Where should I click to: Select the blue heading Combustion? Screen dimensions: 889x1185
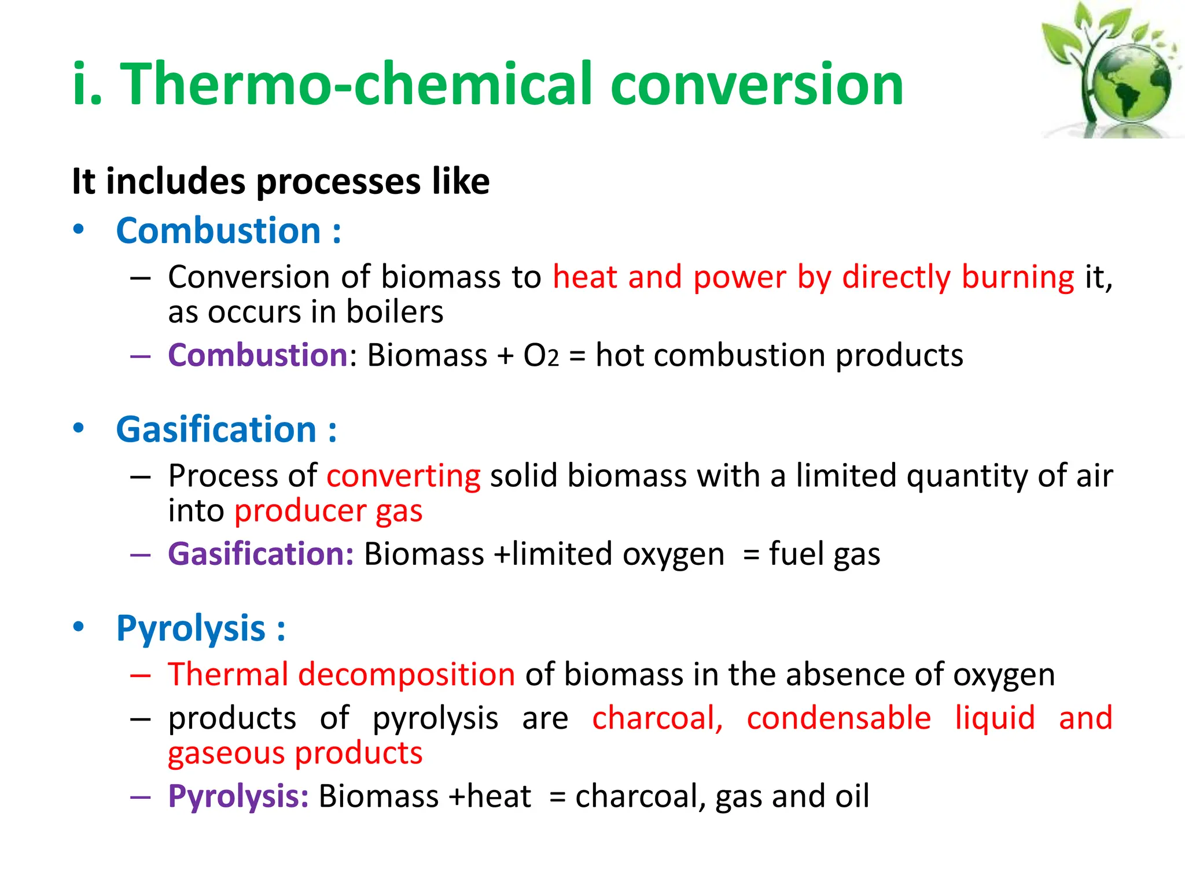click(x=218, y=231)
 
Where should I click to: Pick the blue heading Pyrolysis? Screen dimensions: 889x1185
click(x=190, y=629)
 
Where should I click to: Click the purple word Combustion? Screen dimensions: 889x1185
click(x=257, y=355)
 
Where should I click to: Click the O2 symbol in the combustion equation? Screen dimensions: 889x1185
click(x=541, y=356)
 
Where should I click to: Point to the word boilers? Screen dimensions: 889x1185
click(x=395, y=312)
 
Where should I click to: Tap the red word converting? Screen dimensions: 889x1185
click(x=403, y=476)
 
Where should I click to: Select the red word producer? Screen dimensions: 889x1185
click(x=300, y=512)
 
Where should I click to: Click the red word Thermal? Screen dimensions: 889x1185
click(x=228, y=675)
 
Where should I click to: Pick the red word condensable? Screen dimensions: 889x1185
click(x=838, y=718)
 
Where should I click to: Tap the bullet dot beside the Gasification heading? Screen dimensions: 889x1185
click(x=79, y=428)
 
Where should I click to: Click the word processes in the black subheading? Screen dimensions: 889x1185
click(x=338, y=182)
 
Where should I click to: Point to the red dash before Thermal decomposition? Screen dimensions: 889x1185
click(x=141, y=675)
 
